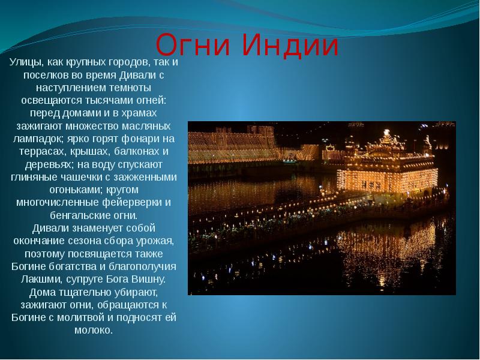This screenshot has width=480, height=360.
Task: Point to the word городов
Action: (x=124, y=62)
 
